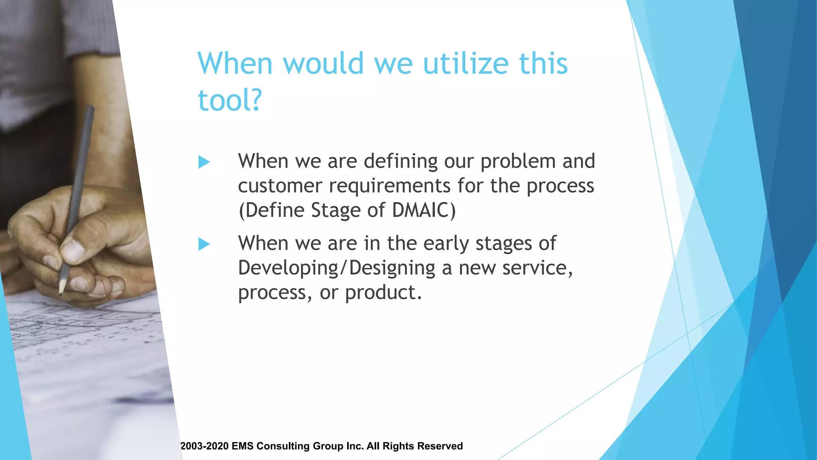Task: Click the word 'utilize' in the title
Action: tap(466, 64)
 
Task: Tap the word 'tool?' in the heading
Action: tap(230, 100)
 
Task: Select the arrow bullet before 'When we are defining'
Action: tap(204, 162)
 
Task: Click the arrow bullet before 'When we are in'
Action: tap(204, 244)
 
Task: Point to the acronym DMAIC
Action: tap(423, 210)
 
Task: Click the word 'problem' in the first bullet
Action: tap(518, 161)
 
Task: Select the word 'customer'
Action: tap(280, 186)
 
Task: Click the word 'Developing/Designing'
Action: tap(336, 268)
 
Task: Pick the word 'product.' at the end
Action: tap(383, 293)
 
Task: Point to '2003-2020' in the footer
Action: tap(204, 446)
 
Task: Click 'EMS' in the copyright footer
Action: tap(242, 446)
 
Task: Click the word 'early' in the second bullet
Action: tap(446, 244)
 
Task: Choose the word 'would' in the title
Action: tap(323, 64)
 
